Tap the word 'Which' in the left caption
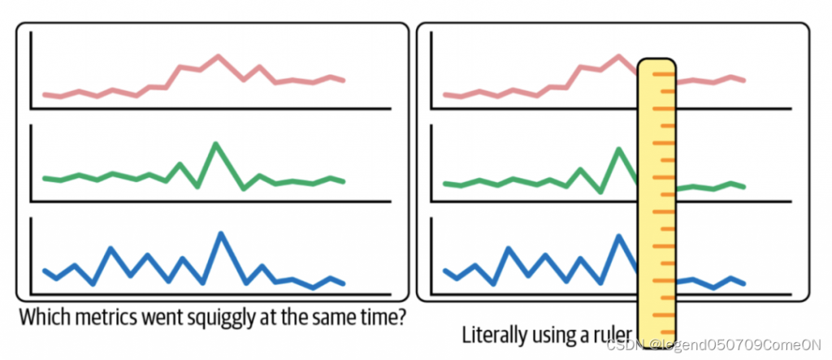[x=41, y=314]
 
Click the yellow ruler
[x=656, y=203]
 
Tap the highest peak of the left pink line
[x=217, y=56]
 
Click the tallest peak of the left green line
[x=215, y=144]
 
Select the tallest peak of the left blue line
[x=219, y=233]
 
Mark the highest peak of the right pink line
[x=618, y=56]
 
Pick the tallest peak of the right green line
[x=618, y=149]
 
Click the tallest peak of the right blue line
[x=619, y=236]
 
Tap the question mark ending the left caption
[x=401, y=314]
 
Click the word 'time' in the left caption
[x=377, y=314]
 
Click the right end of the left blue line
[x=344, y=284]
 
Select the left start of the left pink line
[x=44, y=94]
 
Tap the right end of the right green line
[x=743, y=187]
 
